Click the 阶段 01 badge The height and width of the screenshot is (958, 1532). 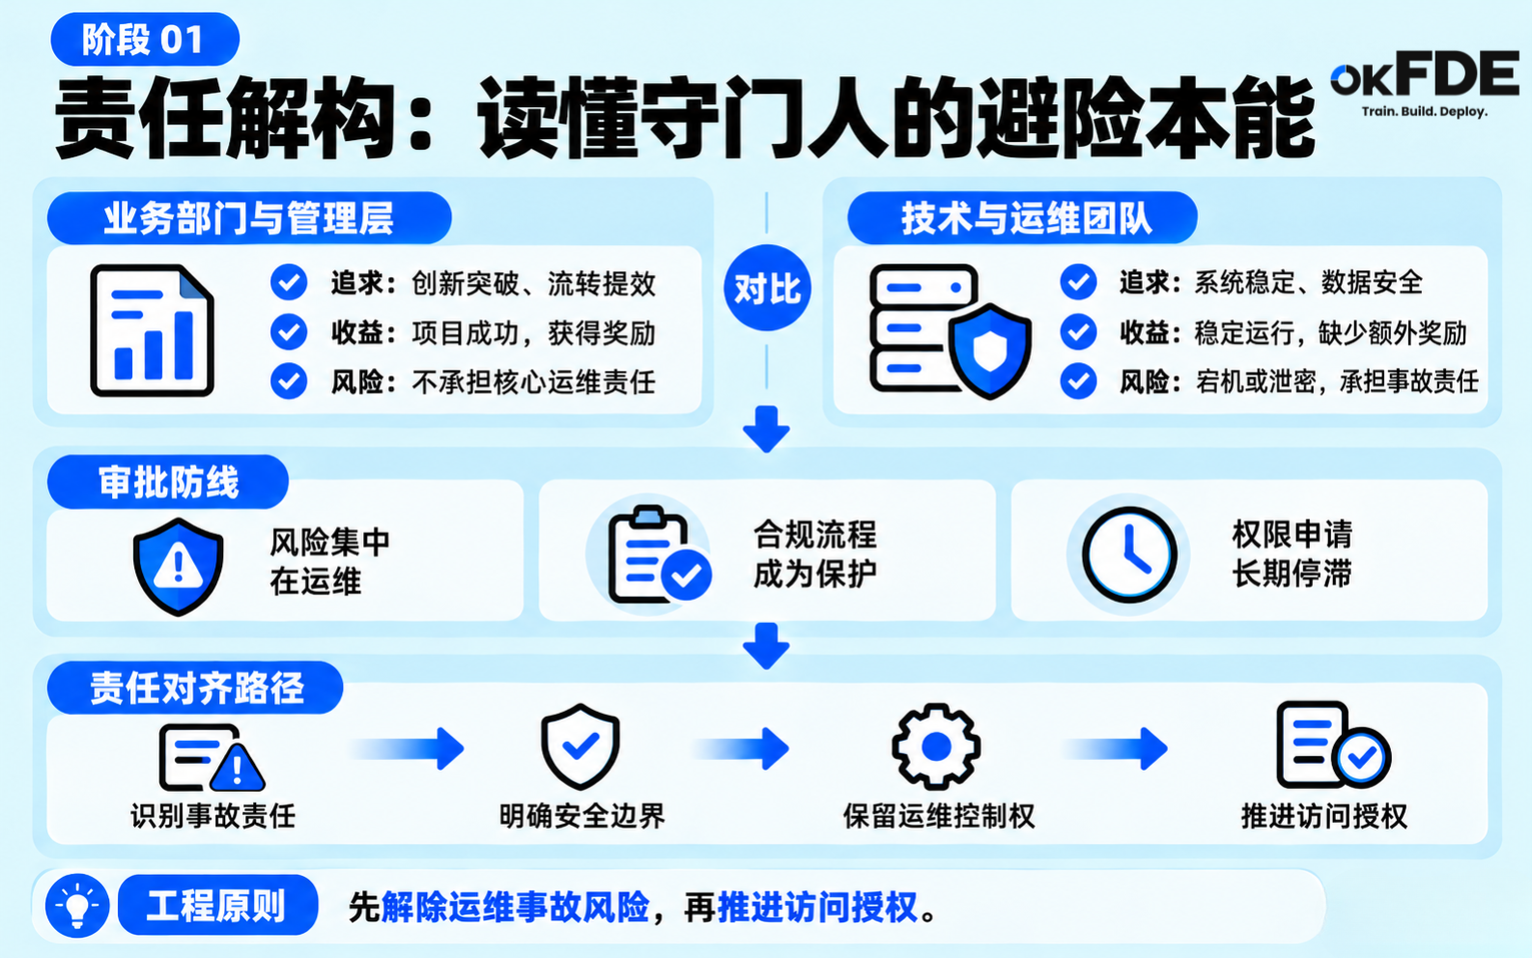145,40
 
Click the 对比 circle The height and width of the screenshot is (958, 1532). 767,288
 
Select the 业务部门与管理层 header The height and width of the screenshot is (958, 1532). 249,218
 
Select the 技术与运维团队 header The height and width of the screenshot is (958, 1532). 1023,218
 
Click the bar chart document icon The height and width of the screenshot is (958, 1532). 152,330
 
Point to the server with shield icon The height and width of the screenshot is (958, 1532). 950,331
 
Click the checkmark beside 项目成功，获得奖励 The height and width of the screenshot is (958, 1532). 289,332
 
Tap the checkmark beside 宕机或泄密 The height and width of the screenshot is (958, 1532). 1079,381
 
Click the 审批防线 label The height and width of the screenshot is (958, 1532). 168,482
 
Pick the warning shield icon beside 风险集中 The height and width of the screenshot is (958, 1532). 178,567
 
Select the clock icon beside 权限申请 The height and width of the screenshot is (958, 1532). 1129,554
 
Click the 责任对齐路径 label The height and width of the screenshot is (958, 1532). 195,688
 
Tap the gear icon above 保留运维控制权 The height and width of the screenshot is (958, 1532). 936,747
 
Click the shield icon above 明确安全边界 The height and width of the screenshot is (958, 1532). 581,747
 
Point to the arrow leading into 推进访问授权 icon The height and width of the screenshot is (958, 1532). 1115,748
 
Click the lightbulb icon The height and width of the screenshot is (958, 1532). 77,906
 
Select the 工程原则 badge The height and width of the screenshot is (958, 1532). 217,905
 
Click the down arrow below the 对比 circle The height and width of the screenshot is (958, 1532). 767,429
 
